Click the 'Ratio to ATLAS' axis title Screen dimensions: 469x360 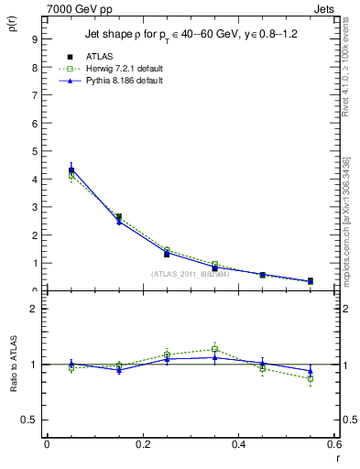[14, 364]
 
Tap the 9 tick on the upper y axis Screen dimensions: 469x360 [35, 39]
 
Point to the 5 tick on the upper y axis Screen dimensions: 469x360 [35, 151]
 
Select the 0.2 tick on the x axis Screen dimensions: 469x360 [143, 444]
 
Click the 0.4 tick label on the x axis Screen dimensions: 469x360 [239, 444]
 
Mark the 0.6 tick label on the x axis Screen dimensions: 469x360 [334, 444]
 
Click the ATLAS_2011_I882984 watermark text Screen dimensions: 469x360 [191, 274]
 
